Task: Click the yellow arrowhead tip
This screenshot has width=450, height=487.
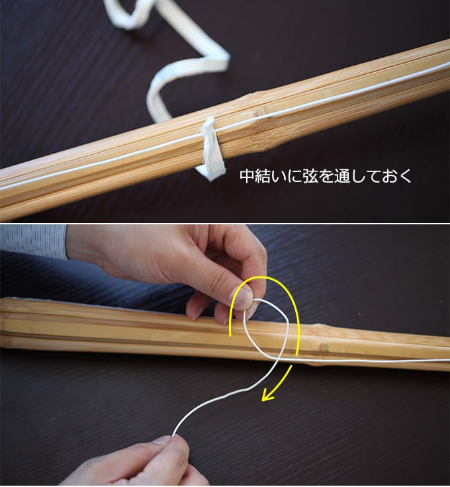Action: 263,400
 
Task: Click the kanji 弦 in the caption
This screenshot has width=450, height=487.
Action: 310,176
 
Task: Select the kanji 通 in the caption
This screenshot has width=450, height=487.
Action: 342,176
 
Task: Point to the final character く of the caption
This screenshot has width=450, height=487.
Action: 405,176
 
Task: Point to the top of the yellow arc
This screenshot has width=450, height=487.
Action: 263,276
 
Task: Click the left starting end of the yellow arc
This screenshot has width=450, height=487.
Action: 230,335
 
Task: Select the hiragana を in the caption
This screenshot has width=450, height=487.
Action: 326,176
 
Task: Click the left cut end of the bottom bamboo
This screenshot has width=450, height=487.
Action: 3,323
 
